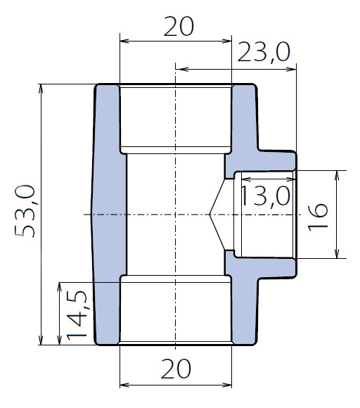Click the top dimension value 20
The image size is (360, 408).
tap(179, 26)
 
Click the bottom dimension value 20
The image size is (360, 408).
tap(176, 369)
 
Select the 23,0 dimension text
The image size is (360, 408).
tap(264, 53)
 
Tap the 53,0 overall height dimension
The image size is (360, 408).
tap(25, 211)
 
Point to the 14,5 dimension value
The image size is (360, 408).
tap(77, 315)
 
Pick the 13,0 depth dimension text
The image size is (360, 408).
tap(265, 197)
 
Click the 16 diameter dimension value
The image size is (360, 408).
tap(318, 217)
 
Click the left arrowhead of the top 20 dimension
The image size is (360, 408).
tap(124, 41)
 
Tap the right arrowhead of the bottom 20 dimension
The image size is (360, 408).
tap(227, 385)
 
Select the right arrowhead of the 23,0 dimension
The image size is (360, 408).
tap(292, 69)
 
